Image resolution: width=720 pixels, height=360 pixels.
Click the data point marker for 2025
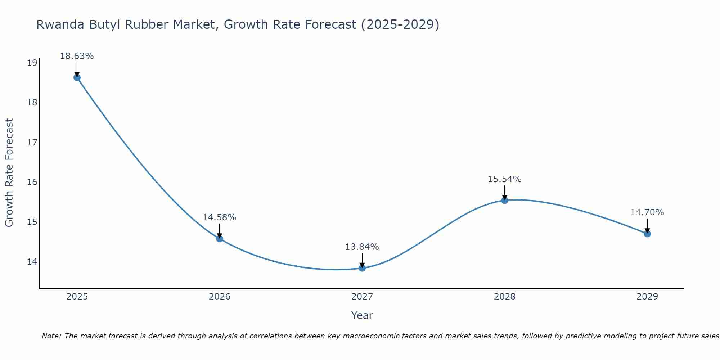pyautogui.click(x=77, y=77)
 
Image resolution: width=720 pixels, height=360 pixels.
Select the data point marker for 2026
pyautogui.click(x=219, y=238)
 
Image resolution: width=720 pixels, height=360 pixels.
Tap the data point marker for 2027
pyautogui.click(x=362, y=268)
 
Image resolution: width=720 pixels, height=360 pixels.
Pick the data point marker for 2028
pyautogui.click(x=504, y=200)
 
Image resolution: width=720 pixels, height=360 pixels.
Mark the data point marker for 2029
pyautogui.click(x=647, y=234)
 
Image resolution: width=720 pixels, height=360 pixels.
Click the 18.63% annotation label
pyautogui.click(x=77, y=56)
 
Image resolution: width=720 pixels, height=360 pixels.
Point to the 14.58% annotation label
pyautogui.click(x=219, y=217)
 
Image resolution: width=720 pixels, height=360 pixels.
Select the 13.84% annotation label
pyautogui.click(x=362, y=247)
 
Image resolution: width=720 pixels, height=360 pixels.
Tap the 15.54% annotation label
pyautogui.click(x=504, y=179)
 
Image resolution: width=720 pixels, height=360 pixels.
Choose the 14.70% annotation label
pyautogui.click(x=647, y=212)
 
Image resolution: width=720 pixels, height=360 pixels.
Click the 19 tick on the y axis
pyautogui.click(x=32, y=63)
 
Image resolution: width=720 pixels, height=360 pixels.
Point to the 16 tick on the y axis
pyautogui.click(x=32, y=182)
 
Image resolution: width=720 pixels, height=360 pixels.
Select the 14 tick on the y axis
pyautogui.click(x=32, y=261)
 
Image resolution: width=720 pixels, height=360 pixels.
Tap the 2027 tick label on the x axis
pyautogui.click(x=362, y=297)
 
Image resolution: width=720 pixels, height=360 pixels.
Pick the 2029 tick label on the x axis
pyautogui.click(x=647, y=297)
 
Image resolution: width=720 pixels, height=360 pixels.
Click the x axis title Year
pyautogui.click(x=362, y=315)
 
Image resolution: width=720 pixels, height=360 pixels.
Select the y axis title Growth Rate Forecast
pyautogui.click(x=9, y=173)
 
